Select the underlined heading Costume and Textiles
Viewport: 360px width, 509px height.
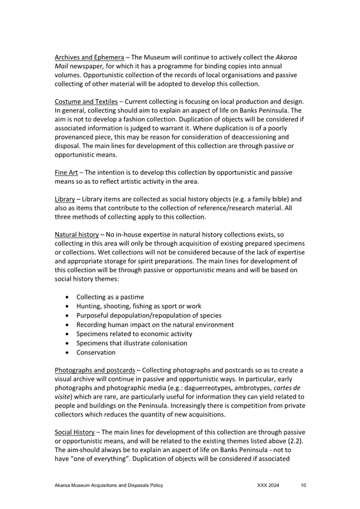[x=86, y=102]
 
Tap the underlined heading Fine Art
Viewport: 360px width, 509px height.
[x=66, y=173]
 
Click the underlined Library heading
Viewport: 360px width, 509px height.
[x=65, y=199]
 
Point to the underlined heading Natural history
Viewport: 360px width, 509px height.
[x=76, y=235]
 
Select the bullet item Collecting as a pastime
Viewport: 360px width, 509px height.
[x=110, y=297]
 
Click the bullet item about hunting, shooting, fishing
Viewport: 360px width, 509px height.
[x=139, y=306]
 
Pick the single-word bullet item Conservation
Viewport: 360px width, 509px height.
[x=95, y=352]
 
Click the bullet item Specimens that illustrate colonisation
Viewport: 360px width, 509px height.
[x=131, y=343]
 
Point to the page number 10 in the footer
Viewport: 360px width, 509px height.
[x=303, y=486]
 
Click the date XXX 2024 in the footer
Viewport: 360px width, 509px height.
[x=268, y=486]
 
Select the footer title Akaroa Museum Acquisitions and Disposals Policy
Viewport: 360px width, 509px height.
[x=109, y=486]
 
